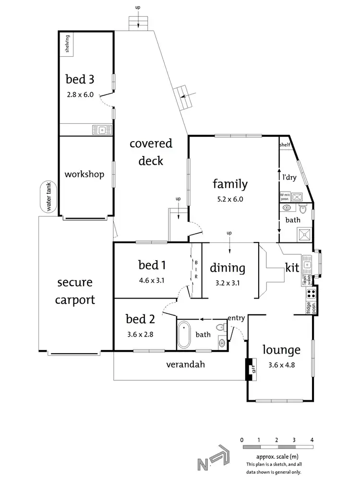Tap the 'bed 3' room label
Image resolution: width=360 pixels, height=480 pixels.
[x=79, y=79]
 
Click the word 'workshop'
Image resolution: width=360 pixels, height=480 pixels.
[x=84, y=174]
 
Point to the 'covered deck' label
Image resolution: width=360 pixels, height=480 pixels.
[x=151, y=152]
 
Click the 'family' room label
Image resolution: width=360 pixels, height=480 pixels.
[x=230, y=183]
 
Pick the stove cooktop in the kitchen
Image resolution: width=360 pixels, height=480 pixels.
[x=311, y=293]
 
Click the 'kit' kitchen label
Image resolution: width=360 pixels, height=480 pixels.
[x=292, y=267]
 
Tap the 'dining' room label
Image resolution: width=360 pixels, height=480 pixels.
[x=228, y=268]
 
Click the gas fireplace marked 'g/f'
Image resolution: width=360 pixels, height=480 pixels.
[x=251, y=370]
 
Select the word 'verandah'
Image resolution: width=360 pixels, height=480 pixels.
[x=185, y=364]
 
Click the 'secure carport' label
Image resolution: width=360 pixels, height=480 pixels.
[x=74, y=291]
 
